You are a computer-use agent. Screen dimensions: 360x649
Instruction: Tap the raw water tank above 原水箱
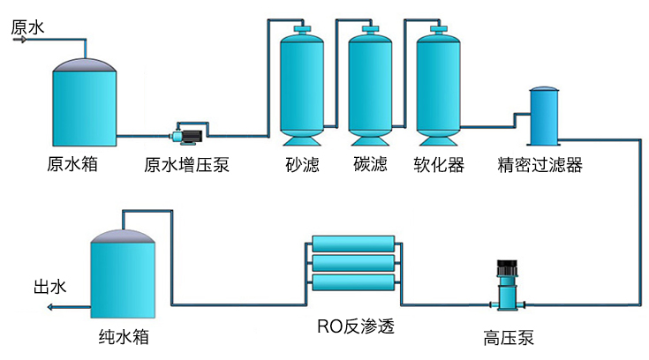pos(84,104)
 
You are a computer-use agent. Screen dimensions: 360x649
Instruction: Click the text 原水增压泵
pos(187,165)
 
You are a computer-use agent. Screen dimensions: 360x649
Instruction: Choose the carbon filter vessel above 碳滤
pos(370,84)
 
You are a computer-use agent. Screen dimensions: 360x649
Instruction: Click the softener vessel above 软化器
pos(439,84)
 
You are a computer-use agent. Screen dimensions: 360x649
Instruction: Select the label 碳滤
pos(370,165)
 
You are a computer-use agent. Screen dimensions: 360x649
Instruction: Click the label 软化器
pos(439,165)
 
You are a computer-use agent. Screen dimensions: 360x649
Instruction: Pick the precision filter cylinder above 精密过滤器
pos(543,116)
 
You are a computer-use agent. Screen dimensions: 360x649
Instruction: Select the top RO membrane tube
pos(354,244)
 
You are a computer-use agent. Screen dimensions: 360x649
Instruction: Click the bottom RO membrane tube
pos(354,282)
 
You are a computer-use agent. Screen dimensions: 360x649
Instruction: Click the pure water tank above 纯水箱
pos(125,274)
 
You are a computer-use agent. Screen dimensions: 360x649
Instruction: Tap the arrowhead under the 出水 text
pos(51,307)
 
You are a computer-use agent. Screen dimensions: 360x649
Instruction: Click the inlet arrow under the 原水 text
pos(22,40)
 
